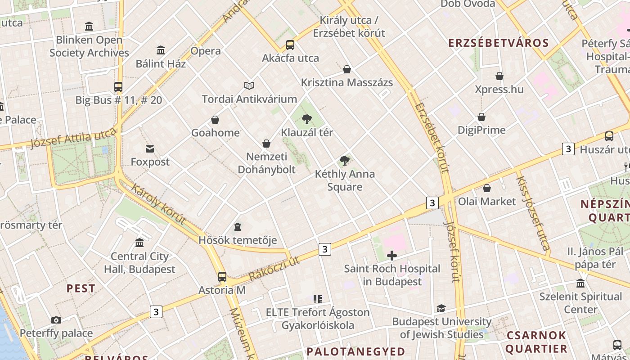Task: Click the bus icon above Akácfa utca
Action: [x=290, y=45]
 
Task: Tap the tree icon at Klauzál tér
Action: [x=307, y=119]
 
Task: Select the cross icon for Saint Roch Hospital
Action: [x=392, y=256]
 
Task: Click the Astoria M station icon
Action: [x=222, y=277]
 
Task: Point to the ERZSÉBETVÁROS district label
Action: [x=498, y=43]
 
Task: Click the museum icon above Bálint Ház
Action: [x=161, y=50]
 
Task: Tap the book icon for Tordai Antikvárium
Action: [x=249, y=85]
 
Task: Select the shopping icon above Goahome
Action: [x=215, y=120]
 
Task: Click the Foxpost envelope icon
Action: [x=150, y=148]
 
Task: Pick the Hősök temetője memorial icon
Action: [x=238, y=227]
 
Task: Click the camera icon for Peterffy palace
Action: [x=56, y=320]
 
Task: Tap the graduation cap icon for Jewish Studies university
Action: [x=441, y=309]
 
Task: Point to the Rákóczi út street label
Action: [x=274, y=269]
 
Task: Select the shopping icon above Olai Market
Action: [x=487, y=188]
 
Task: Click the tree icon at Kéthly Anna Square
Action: [x=345, y=161]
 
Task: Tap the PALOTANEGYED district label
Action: [x=355, y=351]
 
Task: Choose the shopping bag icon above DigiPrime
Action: [x=481, y=117]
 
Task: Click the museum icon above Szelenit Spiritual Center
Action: [x=580, y=283]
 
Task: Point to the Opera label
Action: [x=206, y=51]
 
